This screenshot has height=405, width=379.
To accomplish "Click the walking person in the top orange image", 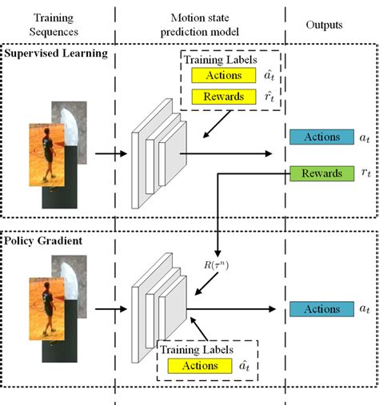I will [50, 152].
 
